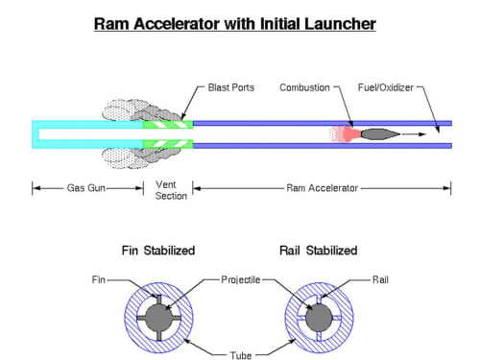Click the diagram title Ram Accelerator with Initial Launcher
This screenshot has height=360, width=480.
[235, 24]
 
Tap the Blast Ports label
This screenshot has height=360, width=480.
[231, 87]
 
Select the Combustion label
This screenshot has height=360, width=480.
[304, 87]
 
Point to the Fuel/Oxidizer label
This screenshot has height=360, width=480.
[386, 87]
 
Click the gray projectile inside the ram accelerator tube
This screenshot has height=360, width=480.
[380, 134]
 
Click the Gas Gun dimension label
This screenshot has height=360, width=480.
[86, 188]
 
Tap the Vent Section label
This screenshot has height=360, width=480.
[171, 190]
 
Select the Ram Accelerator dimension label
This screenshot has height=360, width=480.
[322, 188]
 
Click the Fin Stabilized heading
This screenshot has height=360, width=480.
[158, 251]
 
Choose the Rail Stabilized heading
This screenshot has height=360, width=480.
[319, 251]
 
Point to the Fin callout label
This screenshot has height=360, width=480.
[99, 279]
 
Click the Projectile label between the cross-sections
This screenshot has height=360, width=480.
[241, 279]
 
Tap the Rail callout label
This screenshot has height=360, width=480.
[380, 279]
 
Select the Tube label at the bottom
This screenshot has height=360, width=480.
[241, 355]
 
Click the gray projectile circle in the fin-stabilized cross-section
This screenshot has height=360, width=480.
[158, 318]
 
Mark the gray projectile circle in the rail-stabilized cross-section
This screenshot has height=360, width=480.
[319, 318]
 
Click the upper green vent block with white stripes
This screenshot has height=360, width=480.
[168, 124]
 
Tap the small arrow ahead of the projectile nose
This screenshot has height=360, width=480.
[414, 134]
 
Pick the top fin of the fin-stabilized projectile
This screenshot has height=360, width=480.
[158, 300]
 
